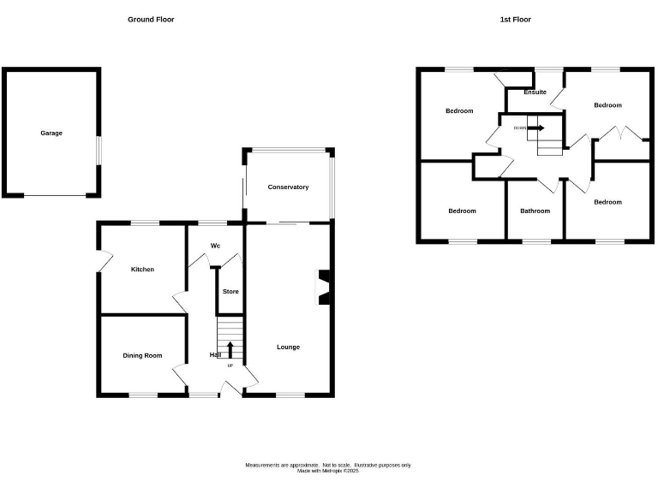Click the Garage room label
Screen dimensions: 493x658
click(x=51, y=133)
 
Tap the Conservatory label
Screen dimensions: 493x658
click(x=288, y=187)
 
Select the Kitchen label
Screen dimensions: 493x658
click(x=142, y=270)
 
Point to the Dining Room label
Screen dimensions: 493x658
click(x=142, y=355)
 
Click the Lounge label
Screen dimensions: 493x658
click(x=288, y=347)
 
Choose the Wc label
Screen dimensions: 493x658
click(x=215, y=246)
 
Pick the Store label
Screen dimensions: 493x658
click(x=230, y=292)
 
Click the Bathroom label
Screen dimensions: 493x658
click(x=535, y=211)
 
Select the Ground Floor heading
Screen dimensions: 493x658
click(x=151, y=19)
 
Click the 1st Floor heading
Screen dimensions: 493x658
click(x=516, y=19)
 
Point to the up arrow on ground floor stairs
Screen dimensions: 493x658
click(x=230, y=348)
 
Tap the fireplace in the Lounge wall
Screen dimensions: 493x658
click(x=325, y=288)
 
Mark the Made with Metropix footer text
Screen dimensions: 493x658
click(x=328, y=471)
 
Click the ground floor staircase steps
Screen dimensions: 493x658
click(x=230, y=338)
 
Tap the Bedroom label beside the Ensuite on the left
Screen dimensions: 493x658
click(x=459, y=110)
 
